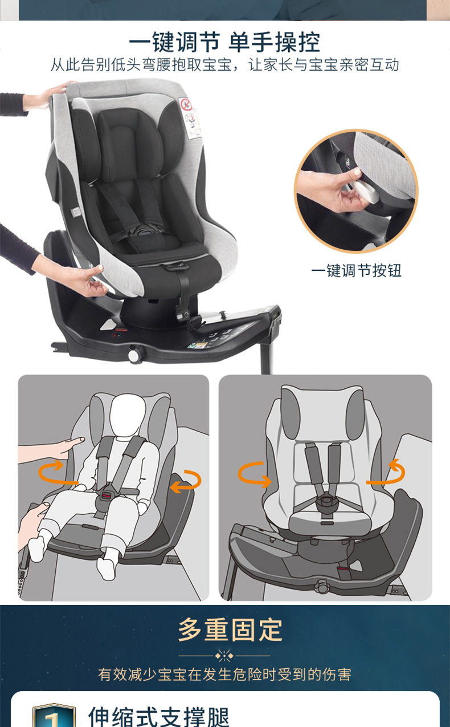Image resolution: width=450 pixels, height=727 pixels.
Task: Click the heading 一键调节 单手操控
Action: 224,42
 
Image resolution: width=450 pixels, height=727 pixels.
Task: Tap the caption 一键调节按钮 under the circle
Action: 356,270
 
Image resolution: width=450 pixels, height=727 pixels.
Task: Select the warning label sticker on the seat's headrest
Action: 190,117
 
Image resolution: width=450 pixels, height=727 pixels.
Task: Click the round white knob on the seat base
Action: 136,355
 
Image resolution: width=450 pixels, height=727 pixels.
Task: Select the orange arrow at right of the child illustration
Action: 186,482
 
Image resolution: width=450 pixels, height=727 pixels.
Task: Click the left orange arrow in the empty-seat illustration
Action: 254,474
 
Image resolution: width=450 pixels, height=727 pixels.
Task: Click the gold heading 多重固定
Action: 231,630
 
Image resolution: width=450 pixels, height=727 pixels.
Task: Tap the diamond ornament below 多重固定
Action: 224,656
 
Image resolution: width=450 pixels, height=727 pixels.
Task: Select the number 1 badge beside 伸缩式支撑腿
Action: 54,715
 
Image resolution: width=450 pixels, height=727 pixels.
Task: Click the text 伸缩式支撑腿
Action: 159,716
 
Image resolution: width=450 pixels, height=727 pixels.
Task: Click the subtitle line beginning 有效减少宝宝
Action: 224,675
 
